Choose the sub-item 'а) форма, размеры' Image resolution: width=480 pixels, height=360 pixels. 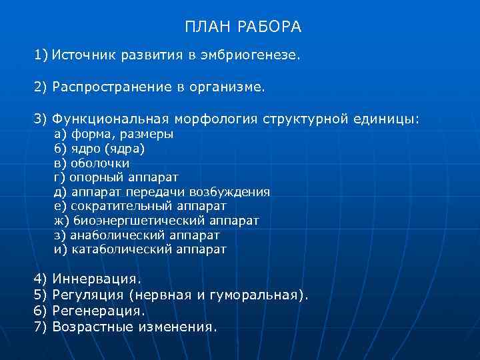tap(113, 134)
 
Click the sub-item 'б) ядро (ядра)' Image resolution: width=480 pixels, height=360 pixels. tap(99, 149)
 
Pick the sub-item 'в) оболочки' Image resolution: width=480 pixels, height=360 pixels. tap(91, 163)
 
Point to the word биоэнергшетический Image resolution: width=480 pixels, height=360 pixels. tap(138, 221)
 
